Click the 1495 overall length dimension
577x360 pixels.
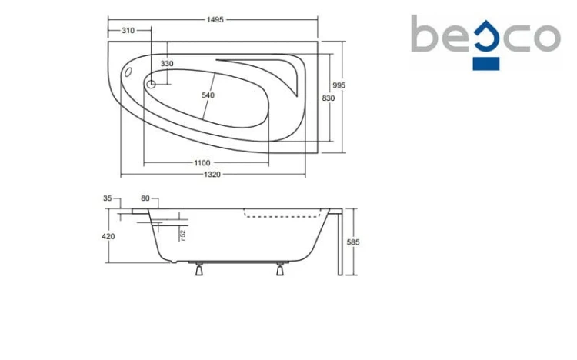[x=215, y=19]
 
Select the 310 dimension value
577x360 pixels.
[x=128, y=31]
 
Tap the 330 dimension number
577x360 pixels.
[x=167, y=64]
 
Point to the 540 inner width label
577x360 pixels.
[x=208, y=95]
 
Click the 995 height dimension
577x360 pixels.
[x=339, y=85]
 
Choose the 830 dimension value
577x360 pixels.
[x=329, y=98]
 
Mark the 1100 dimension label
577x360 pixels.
[x=202, y=163]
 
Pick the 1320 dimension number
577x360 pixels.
[x=212, y=175]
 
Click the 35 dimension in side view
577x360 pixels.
[x=107, y=198]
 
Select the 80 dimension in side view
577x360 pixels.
[x=145, y=198]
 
